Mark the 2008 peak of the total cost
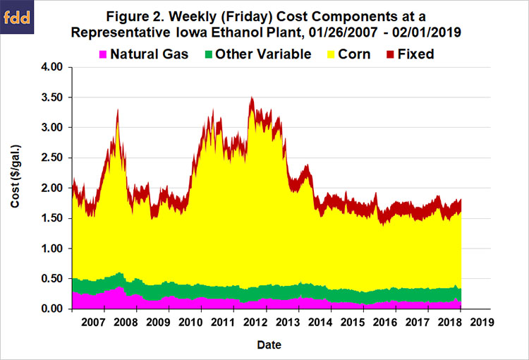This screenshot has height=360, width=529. (x=118, y=109)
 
